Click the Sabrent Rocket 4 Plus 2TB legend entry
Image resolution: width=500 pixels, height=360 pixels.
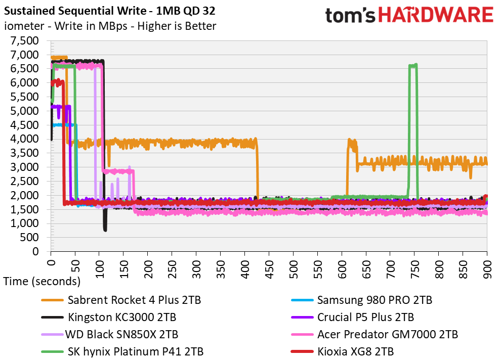[134, 300]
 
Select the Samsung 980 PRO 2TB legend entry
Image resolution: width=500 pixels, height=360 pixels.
[374, 300]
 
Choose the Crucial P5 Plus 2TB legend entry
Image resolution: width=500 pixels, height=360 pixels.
[365, 317]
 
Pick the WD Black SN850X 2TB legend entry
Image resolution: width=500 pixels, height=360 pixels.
[121, 334]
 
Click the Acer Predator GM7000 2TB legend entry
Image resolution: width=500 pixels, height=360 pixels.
[387, 334]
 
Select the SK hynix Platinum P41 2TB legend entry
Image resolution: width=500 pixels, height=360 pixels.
[136, 351]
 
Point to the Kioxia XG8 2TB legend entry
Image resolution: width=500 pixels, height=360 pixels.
[355, 351]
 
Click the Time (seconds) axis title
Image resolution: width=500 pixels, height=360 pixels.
[41, 281]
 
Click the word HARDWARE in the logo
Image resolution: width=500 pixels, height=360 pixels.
[436, 15]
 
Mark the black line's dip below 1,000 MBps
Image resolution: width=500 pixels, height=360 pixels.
[105, 229]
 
